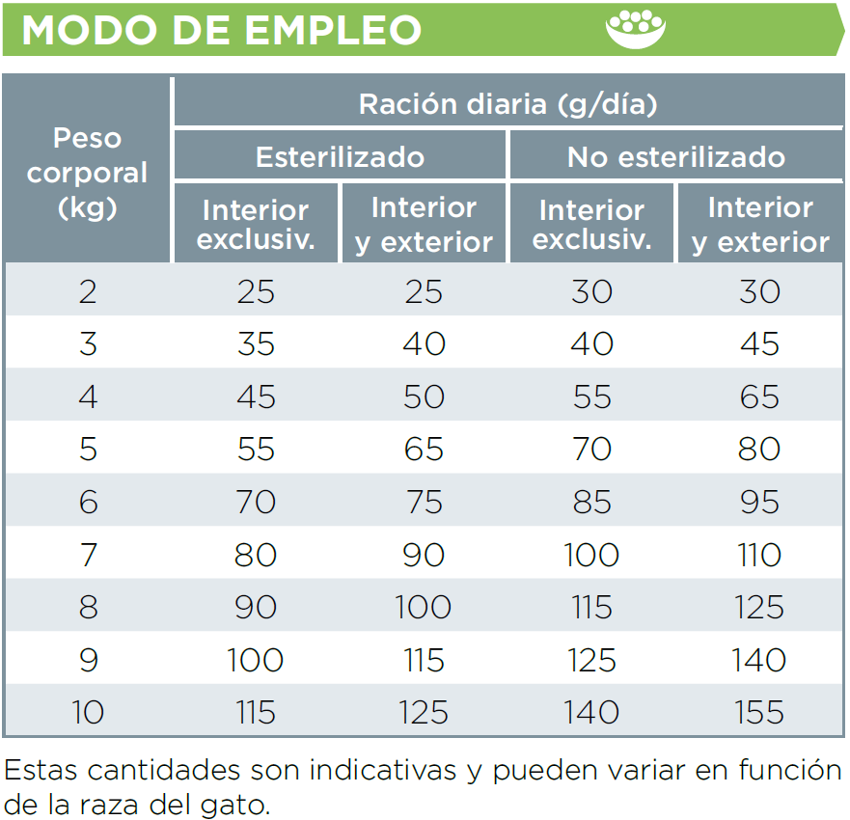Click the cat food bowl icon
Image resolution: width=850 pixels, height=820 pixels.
click(x=636, y=29)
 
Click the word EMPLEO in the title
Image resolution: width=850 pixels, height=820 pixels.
click(x=333, y=30)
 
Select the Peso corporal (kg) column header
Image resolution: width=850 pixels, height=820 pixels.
click(x=87, y=173)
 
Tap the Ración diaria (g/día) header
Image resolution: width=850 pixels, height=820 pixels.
click(x=507, y=104)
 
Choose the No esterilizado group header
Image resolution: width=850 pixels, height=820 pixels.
click(x=675, y=156)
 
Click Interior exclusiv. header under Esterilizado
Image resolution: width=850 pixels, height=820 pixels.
click(x=256, y=224)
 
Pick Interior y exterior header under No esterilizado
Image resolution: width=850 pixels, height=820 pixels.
click(x=760, y=224)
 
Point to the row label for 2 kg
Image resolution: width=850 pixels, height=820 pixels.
click(x=88, y=291)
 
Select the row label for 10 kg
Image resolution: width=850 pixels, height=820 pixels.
click(x=88, y=712)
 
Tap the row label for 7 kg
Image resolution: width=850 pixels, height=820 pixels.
click(x=88, y=555)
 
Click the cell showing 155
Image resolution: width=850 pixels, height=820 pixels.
click(x=759, y=712)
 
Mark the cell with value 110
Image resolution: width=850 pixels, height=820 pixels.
click(x=759, y=555)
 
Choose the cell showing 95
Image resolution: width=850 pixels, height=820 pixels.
click(x=759, y=502)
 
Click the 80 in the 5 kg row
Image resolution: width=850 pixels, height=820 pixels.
click(x=759, y=449)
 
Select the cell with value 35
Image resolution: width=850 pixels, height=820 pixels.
click(x=256, y=343)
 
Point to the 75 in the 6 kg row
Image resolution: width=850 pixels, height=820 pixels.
click(x=424, y=502)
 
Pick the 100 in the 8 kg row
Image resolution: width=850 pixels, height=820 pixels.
click(x=424, y=607)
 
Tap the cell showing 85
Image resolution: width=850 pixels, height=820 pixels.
click(x=591, y=502)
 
